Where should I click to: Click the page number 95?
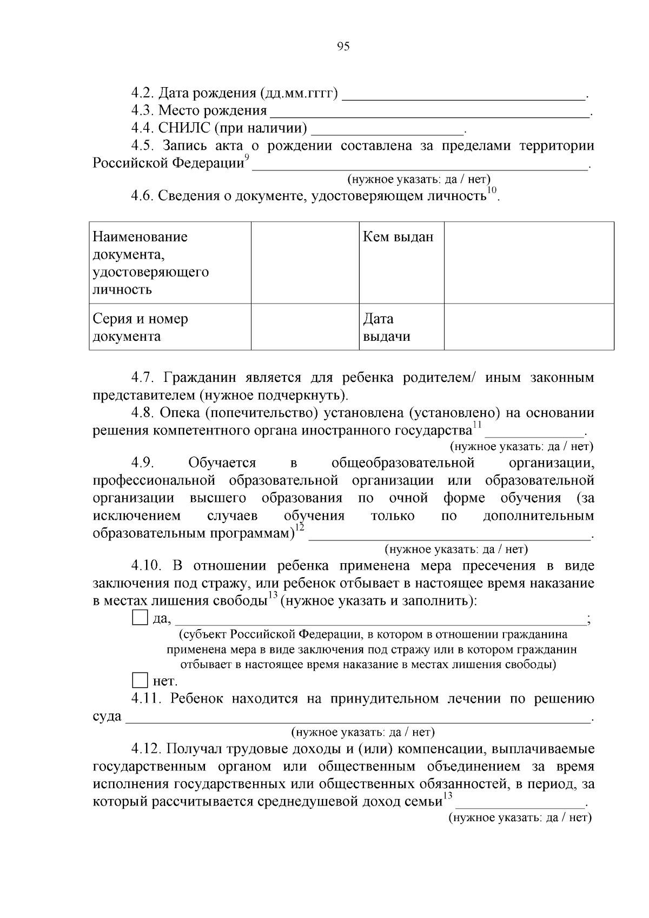pos(343,47)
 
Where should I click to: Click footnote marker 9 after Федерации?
pos(247,157)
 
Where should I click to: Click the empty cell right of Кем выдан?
pos(528,262)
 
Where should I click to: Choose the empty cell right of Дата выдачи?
pos(528,327)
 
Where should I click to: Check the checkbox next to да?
pos(140,618)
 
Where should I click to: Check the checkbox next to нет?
pos(140,680)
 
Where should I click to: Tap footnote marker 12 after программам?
pos(300,527)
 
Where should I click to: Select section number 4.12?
pos(147,749)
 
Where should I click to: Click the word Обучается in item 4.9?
pos(222,463)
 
